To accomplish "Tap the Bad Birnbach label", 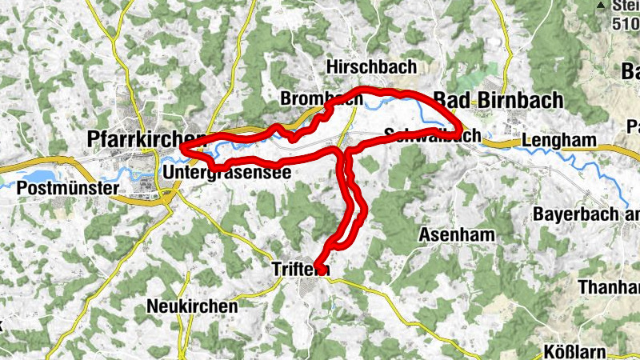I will coord(498,100).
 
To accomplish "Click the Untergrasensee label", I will coord(225,172).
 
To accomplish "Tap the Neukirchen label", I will coord(193,306).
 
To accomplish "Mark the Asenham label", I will coord(457,234).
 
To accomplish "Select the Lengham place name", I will coord(559,141).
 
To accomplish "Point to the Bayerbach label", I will coord(585,214).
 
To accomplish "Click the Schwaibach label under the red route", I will coord(432,136).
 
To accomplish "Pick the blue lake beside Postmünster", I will coord(36,177).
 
